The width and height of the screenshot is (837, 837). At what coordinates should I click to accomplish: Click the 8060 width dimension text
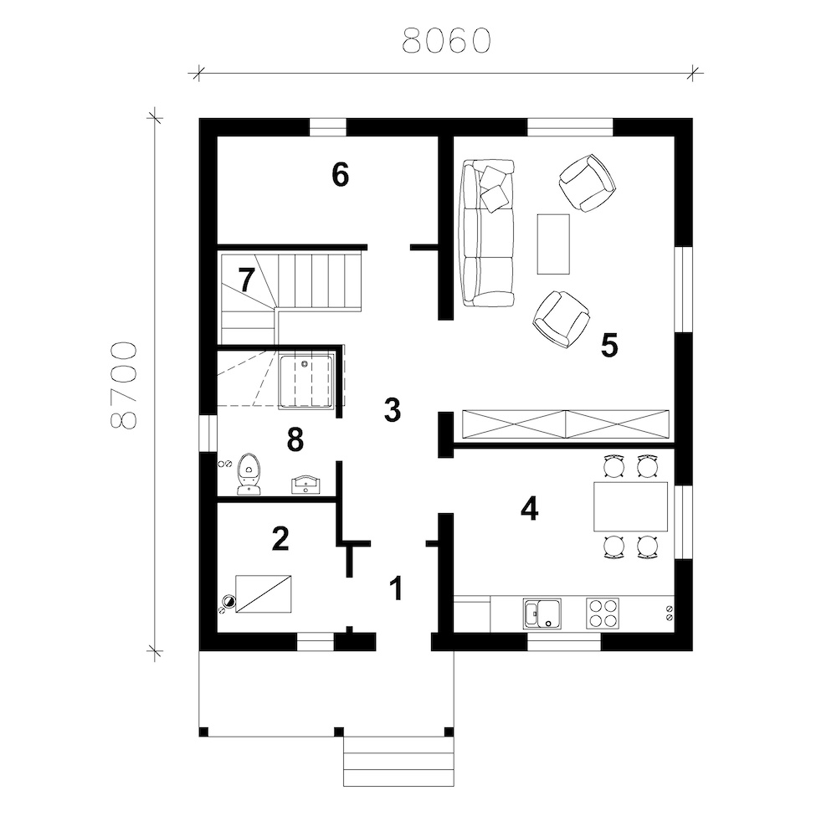point(446,40)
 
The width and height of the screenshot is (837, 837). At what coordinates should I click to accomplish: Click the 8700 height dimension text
point(124,385)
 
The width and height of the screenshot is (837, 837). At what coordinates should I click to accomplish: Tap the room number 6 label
point(340,175)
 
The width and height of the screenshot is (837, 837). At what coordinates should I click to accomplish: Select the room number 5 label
point(609,346)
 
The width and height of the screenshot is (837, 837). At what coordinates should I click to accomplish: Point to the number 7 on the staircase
point(246,280)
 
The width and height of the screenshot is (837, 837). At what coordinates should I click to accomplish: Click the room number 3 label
point(393,410)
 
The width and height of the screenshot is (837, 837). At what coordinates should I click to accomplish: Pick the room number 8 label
point(295,439)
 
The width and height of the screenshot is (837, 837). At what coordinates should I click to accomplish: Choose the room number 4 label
point(530,509)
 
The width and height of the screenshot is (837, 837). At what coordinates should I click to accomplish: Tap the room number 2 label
point(280,538)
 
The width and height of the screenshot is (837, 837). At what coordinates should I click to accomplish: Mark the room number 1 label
point(396,588)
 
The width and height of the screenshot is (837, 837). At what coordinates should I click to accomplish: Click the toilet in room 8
point(249,474)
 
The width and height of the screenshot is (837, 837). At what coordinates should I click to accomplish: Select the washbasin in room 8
point(306,485)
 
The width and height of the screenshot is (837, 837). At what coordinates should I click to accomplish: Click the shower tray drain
point(305,364)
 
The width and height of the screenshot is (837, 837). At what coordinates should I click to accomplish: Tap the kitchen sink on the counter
point(542,613)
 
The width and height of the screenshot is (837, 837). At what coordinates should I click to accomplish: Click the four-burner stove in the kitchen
point(603,613)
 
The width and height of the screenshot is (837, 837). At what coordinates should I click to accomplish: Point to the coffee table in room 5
point(553,244)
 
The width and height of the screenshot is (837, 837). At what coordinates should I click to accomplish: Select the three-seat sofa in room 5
point(488,233)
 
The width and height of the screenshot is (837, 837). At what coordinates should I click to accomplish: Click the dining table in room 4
point(630,506)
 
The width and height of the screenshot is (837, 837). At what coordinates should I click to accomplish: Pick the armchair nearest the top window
point(587,182)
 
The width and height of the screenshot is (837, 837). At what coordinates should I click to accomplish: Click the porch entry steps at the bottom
point(398,761)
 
